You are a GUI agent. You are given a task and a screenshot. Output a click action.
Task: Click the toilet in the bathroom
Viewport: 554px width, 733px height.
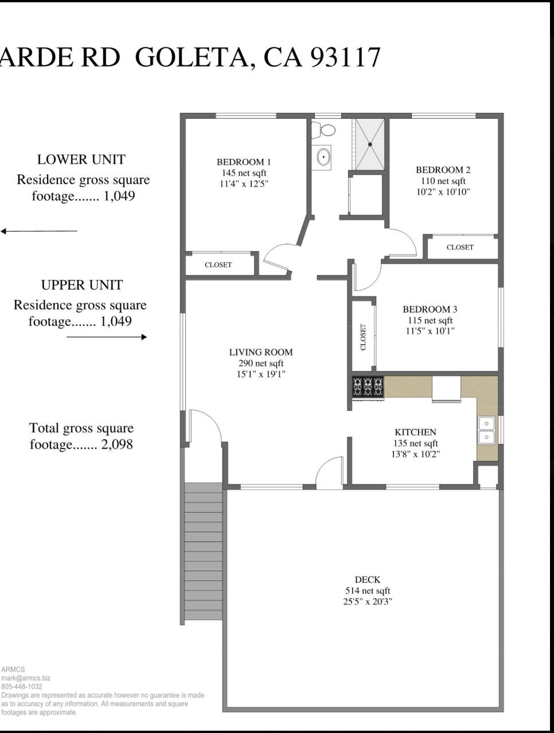tap(323, 130)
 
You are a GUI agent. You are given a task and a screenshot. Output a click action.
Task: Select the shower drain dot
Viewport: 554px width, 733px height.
tap(370, 145)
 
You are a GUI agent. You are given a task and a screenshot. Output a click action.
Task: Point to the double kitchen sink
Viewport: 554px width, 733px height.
tap(486, 430)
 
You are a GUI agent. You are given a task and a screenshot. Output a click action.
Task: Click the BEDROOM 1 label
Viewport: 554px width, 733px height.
tap(243, 162)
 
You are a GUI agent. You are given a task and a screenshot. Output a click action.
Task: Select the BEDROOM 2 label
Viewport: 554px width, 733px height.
tap(443, 170)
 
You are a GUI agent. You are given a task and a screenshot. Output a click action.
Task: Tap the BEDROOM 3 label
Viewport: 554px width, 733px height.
tap(430, 309)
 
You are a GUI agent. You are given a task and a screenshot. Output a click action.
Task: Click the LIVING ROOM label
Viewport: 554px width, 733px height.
tap(261, 352)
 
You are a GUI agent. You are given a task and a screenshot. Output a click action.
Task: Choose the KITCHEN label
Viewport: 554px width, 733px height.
tap(415, 432)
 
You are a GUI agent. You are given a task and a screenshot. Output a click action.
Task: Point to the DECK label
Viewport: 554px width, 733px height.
tap(368, 580)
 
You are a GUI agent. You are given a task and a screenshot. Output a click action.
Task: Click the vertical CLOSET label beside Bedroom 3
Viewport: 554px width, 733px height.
tap(364, 337)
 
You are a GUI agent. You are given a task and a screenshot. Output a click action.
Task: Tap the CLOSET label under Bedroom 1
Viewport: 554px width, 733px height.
tap(218, 265)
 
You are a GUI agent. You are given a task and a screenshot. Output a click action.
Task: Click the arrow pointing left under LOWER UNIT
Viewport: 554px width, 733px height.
tap(39, 231)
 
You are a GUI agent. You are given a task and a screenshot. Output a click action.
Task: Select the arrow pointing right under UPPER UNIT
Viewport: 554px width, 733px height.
tap(107, 337)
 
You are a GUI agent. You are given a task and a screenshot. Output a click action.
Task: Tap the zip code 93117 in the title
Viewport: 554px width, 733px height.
tap(345, 57)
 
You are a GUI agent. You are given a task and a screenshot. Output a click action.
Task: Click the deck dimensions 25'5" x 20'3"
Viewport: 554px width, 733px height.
tap(368, 602)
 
